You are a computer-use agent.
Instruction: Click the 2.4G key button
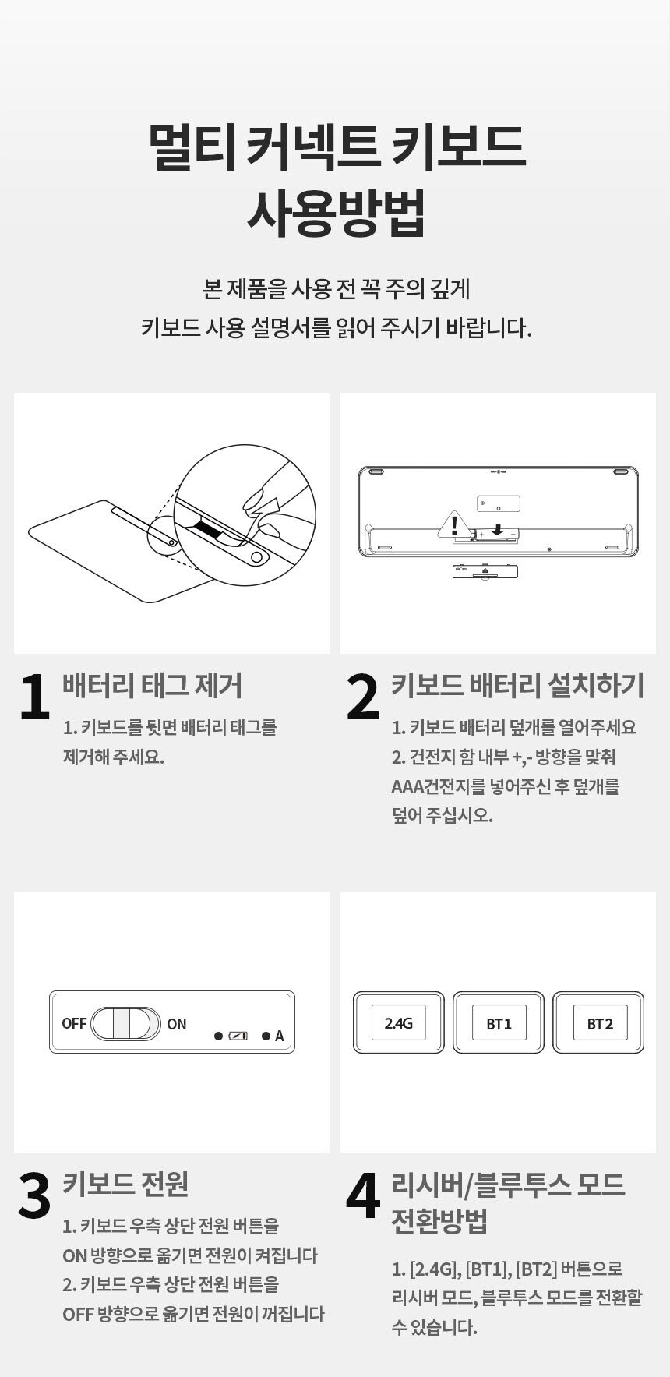click(398, 1022)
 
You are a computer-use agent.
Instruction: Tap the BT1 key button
click(499, 1022)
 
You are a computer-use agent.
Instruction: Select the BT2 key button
click(599, 1022)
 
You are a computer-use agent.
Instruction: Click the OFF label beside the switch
click(74, 1023)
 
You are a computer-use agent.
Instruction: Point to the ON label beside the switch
click(177, 1024)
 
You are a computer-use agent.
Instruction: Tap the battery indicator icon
click(238, 1036)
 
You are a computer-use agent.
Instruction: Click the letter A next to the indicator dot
click(279, 1036)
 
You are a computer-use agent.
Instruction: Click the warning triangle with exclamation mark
click(454, 525)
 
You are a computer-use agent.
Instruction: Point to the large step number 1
click(33, 697)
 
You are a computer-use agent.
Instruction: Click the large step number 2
click(362, 697)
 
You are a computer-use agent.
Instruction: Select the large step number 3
click(33, 1196)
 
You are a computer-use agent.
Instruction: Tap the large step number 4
click(363, 1196)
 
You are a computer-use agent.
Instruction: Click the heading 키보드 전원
click(125, 1184)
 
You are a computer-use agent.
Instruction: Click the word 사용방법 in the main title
click(336, 212)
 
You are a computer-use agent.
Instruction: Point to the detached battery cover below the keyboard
click(485, 571)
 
